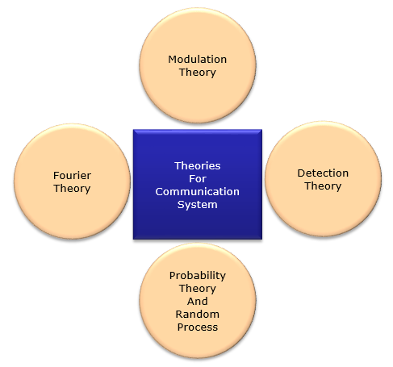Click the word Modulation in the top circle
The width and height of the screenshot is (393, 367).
point(198,59)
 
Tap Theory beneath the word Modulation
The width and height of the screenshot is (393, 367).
point(198,73)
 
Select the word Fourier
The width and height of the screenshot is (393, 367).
point(72,175)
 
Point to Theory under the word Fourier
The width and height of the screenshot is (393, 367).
point(72,189)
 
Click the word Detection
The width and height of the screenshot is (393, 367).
point(323,173)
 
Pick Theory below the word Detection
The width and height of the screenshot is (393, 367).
point(323,186)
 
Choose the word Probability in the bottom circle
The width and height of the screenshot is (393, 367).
point(198,276)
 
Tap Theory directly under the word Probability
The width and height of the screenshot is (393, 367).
point(198,289)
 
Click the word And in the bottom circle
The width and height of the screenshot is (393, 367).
point(198,301)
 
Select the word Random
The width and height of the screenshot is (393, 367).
point(198,314)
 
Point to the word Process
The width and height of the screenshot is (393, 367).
point(198,327)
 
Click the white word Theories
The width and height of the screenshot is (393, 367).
point(198,165)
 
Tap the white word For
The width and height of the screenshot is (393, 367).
point(198,178)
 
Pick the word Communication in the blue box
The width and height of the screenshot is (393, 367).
point(198,191)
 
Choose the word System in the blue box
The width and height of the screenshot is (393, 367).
point(198,205)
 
